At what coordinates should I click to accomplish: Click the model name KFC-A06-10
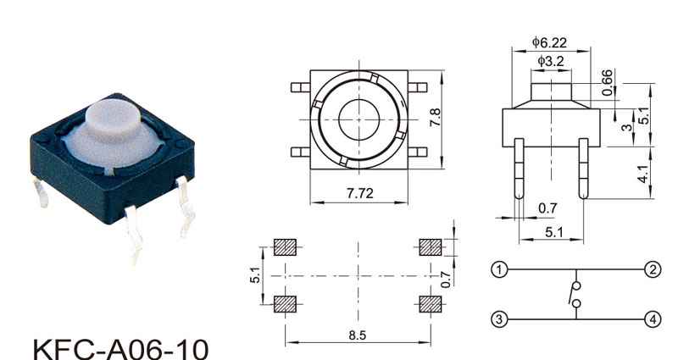pos(120,349)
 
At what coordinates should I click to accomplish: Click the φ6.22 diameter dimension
pos(549,42)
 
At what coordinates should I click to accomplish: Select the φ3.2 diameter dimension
pos(551,61)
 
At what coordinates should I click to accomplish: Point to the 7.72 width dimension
pos(359,193)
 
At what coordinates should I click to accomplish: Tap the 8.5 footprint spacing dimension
pos(358,335)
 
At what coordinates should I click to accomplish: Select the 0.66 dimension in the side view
pos(607,82)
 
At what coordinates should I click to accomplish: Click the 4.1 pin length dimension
pos(643,174)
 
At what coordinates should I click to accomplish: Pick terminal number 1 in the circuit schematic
pos(499,270)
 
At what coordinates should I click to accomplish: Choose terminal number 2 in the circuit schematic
pos(653,269)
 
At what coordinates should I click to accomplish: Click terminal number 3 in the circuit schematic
pos(499,320)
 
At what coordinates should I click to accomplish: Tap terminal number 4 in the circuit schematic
pos(653,319)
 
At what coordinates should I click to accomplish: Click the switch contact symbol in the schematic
pos(575,294)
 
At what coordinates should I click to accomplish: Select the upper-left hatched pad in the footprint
pos(285,247)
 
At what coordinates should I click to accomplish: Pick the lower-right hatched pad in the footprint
pos(431,304)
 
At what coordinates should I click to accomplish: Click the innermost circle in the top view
pos(358,119)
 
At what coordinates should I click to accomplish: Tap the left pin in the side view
pos(519,169)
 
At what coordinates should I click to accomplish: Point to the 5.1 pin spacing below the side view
pos(553,232)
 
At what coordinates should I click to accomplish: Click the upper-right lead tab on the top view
pos(417,87)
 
